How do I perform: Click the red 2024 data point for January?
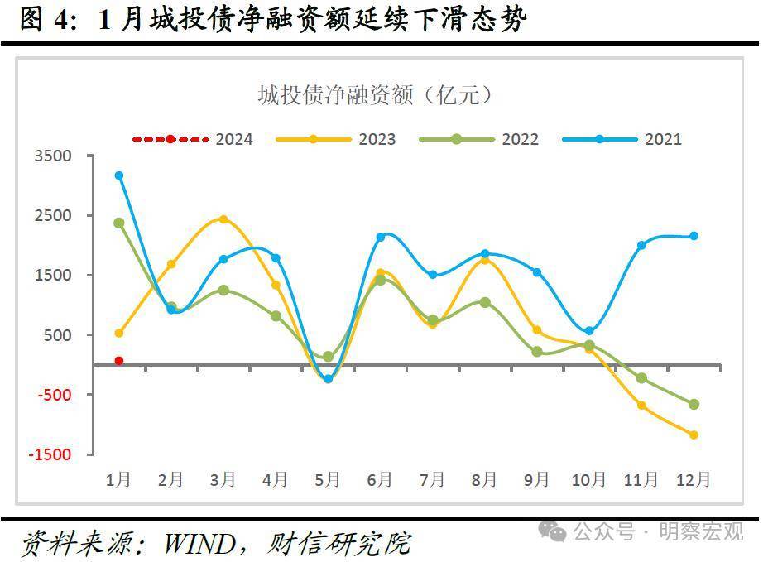coord(119,361)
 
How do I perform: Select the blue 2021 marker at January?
coord(119,175)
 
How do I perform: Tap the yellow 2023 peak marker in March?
coord(223,219)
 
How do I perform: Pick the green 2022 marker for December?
coord(694,404)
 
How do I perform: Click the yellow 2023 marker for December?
coord(694,435)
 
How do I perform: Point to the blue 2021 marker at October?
coord(588,331)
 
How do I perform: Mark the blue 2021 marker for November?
coord(641,245)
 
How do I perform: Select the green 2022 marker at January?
coord(119,223)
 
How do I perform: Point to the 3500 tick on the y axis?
coord(53,156)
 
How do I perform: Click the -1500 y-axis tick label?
coord(50,454)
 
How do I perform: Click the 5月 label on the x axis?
coord(328,479)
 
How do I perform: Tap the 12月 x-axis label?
coord(694,479)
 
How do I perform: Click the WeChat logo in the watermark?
coord(552,531)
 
